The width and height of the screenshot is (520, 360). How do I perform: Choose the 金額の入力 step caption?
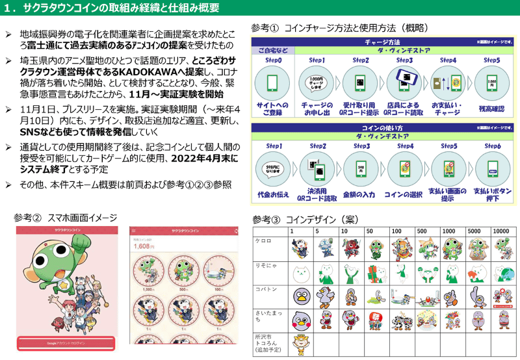click(361, 194)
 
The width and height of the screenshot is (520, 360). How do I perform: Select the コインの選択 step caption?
click(404, 194)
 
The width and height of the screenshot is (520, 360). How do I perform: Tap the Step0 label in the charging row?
click(272, 60)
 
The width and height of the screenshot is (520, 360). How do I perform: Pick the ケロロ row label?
click(263, 240)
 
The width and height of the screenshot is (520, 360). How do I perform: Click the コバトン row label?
click(265, 289)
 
